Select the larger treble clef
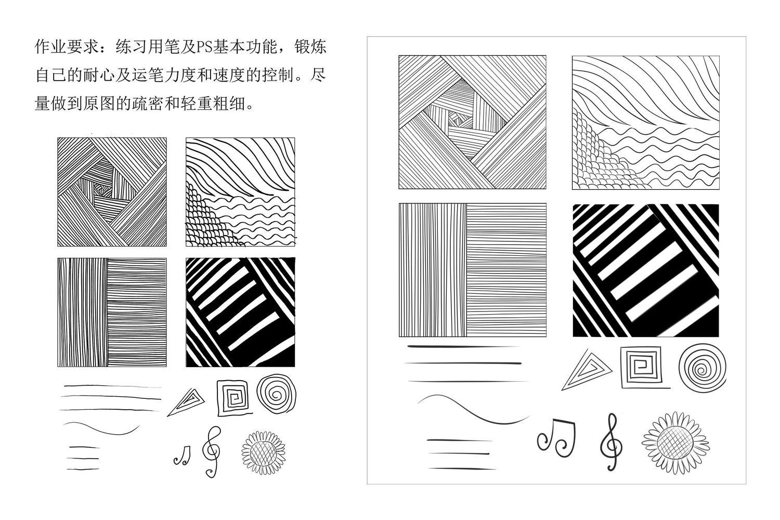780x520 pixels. [611, 443]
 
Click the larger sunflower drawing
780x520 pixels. [675, 443]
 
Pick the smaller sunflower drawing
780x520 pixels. [264, 452]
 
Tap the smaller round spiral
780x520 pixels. [277, 394]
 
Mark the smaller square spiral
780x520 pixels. [233, 398]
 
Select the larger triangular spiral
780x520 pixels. [587, 370]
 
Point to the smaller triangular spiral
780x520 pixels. [186, 402]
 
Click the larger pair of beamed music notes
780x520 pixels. [556, 438]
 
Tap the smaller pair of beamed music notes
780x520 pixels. [182, 455]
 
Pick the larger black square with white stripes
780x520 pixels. [646, 270]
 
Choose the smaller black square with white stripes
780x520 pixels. [240, 312]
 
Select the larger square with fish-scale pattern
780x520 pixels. [646, 123]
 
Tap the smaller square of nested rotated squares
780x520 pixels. [112, 192]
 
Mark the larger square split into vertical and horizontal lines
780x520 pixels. [473, 270]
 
